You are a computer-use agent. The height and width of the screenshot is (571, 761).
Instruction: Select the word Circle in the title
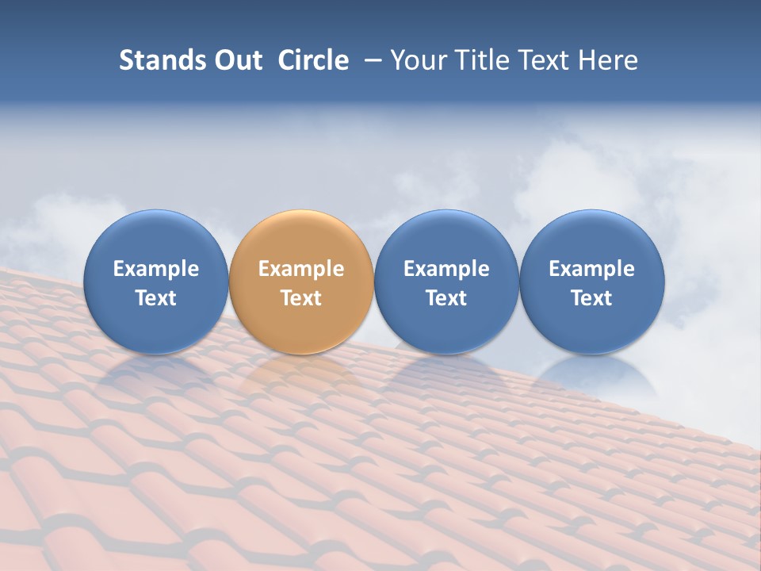click(313, 60)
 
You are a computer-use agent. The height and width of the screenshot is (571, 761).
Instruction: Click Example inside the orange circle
click(301, 269)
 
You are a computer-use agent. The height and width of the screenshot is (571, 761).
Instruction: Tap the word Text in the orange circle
click(301, 298)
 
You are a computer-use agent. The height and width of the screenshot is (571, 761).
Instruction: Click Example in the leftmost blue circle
click(156, 269)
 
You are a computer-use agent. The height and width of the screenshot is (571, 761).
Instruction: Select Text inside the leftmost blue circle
click(156, 298)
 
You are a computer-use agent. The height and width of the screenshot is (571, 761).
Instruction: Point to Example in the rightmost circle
click(592, 269)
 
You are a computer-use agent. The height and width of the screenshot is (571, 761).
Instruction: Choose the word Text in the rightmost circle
click(592, 298)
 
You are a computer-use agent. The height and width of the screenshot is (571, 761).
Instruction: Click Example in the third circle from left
click(446, 269)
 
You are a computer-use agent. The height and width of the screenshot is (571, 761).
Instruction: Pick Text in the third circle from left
click(446, 298)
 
